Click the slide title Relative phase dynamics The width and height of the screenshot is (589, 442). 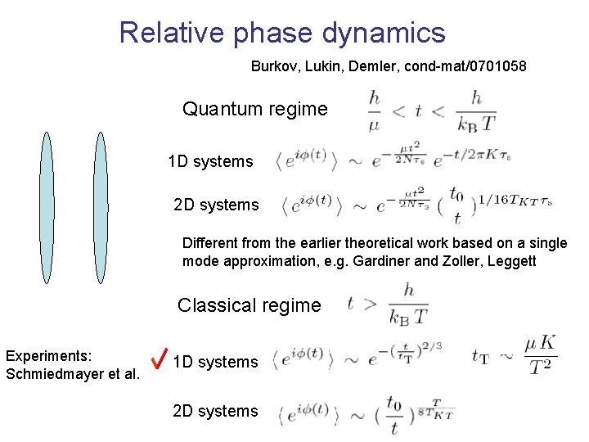282,33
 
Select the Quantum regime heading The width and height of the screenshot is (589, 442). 254,109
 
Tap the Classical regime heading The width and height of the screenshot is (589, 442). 250,305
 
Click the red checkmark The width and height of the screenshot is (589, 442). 160,358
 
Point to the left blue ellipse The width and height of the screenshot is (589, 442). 47,207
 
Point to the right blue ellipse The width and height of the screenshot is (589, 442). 101,207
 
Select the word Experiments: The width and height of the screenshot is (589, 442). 48,357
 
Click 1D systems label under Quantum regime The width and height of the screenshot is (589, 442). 210,161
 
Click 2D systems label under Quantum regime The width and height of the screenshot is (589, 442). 216,205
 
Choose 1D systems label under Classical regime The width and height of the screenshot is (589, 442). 215,362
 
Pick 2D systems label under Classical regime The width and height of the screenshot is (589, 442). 215,411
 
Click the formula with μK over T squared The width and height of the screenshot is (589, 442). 515,354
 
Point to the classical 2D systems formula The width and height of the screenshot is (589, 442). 366,412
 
